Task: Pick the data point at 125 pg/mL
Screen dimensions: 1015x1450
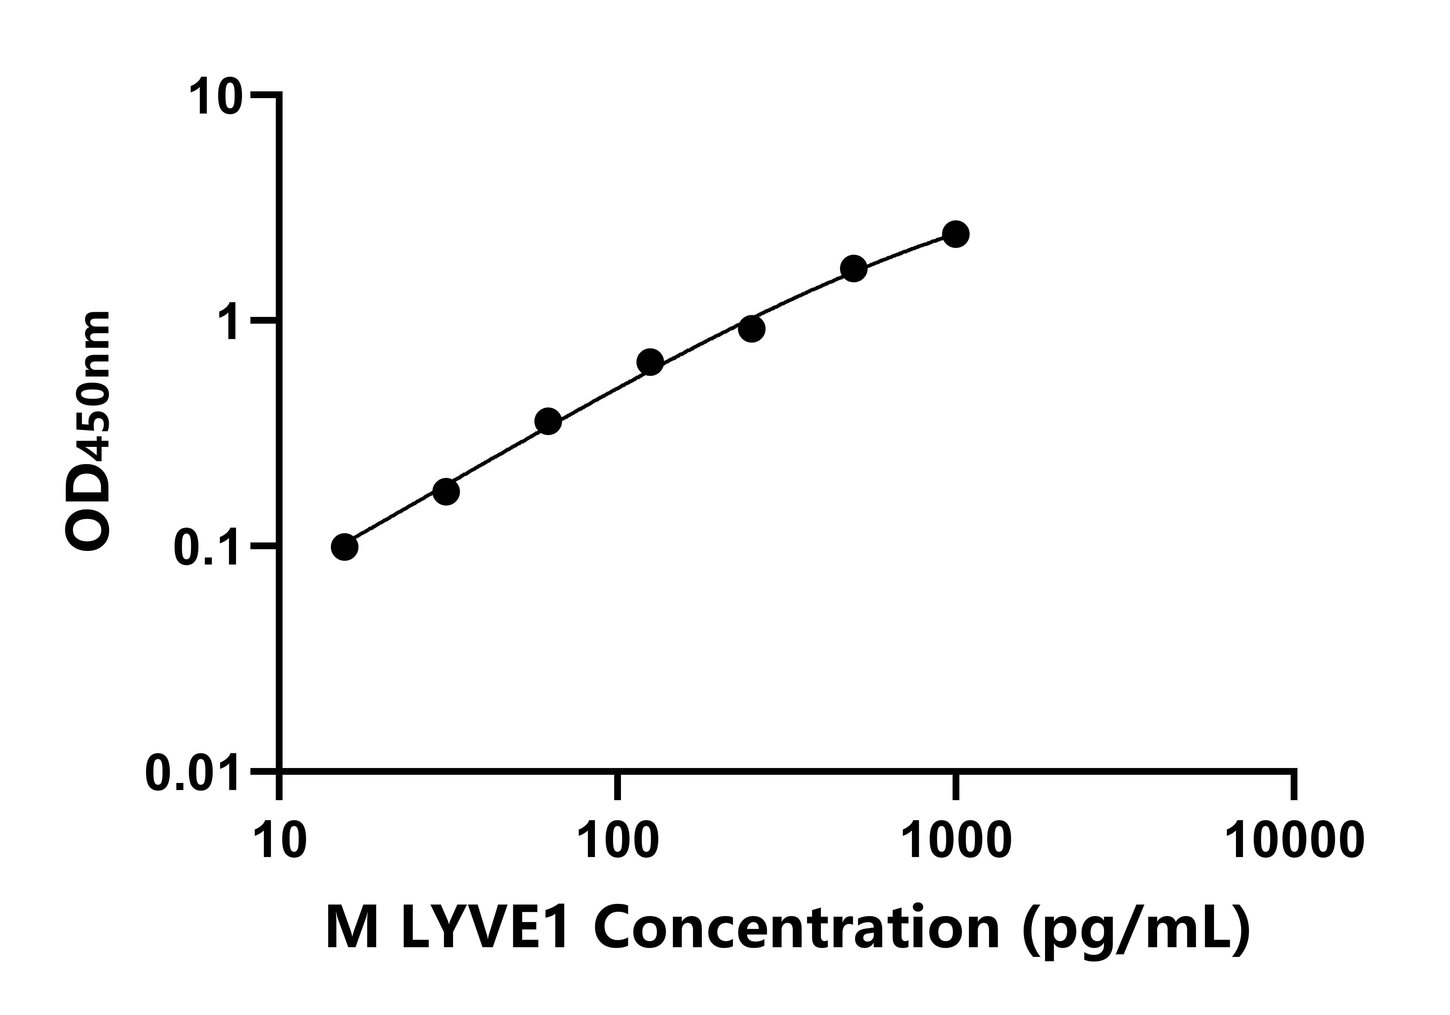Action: [x=650, y=362]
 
